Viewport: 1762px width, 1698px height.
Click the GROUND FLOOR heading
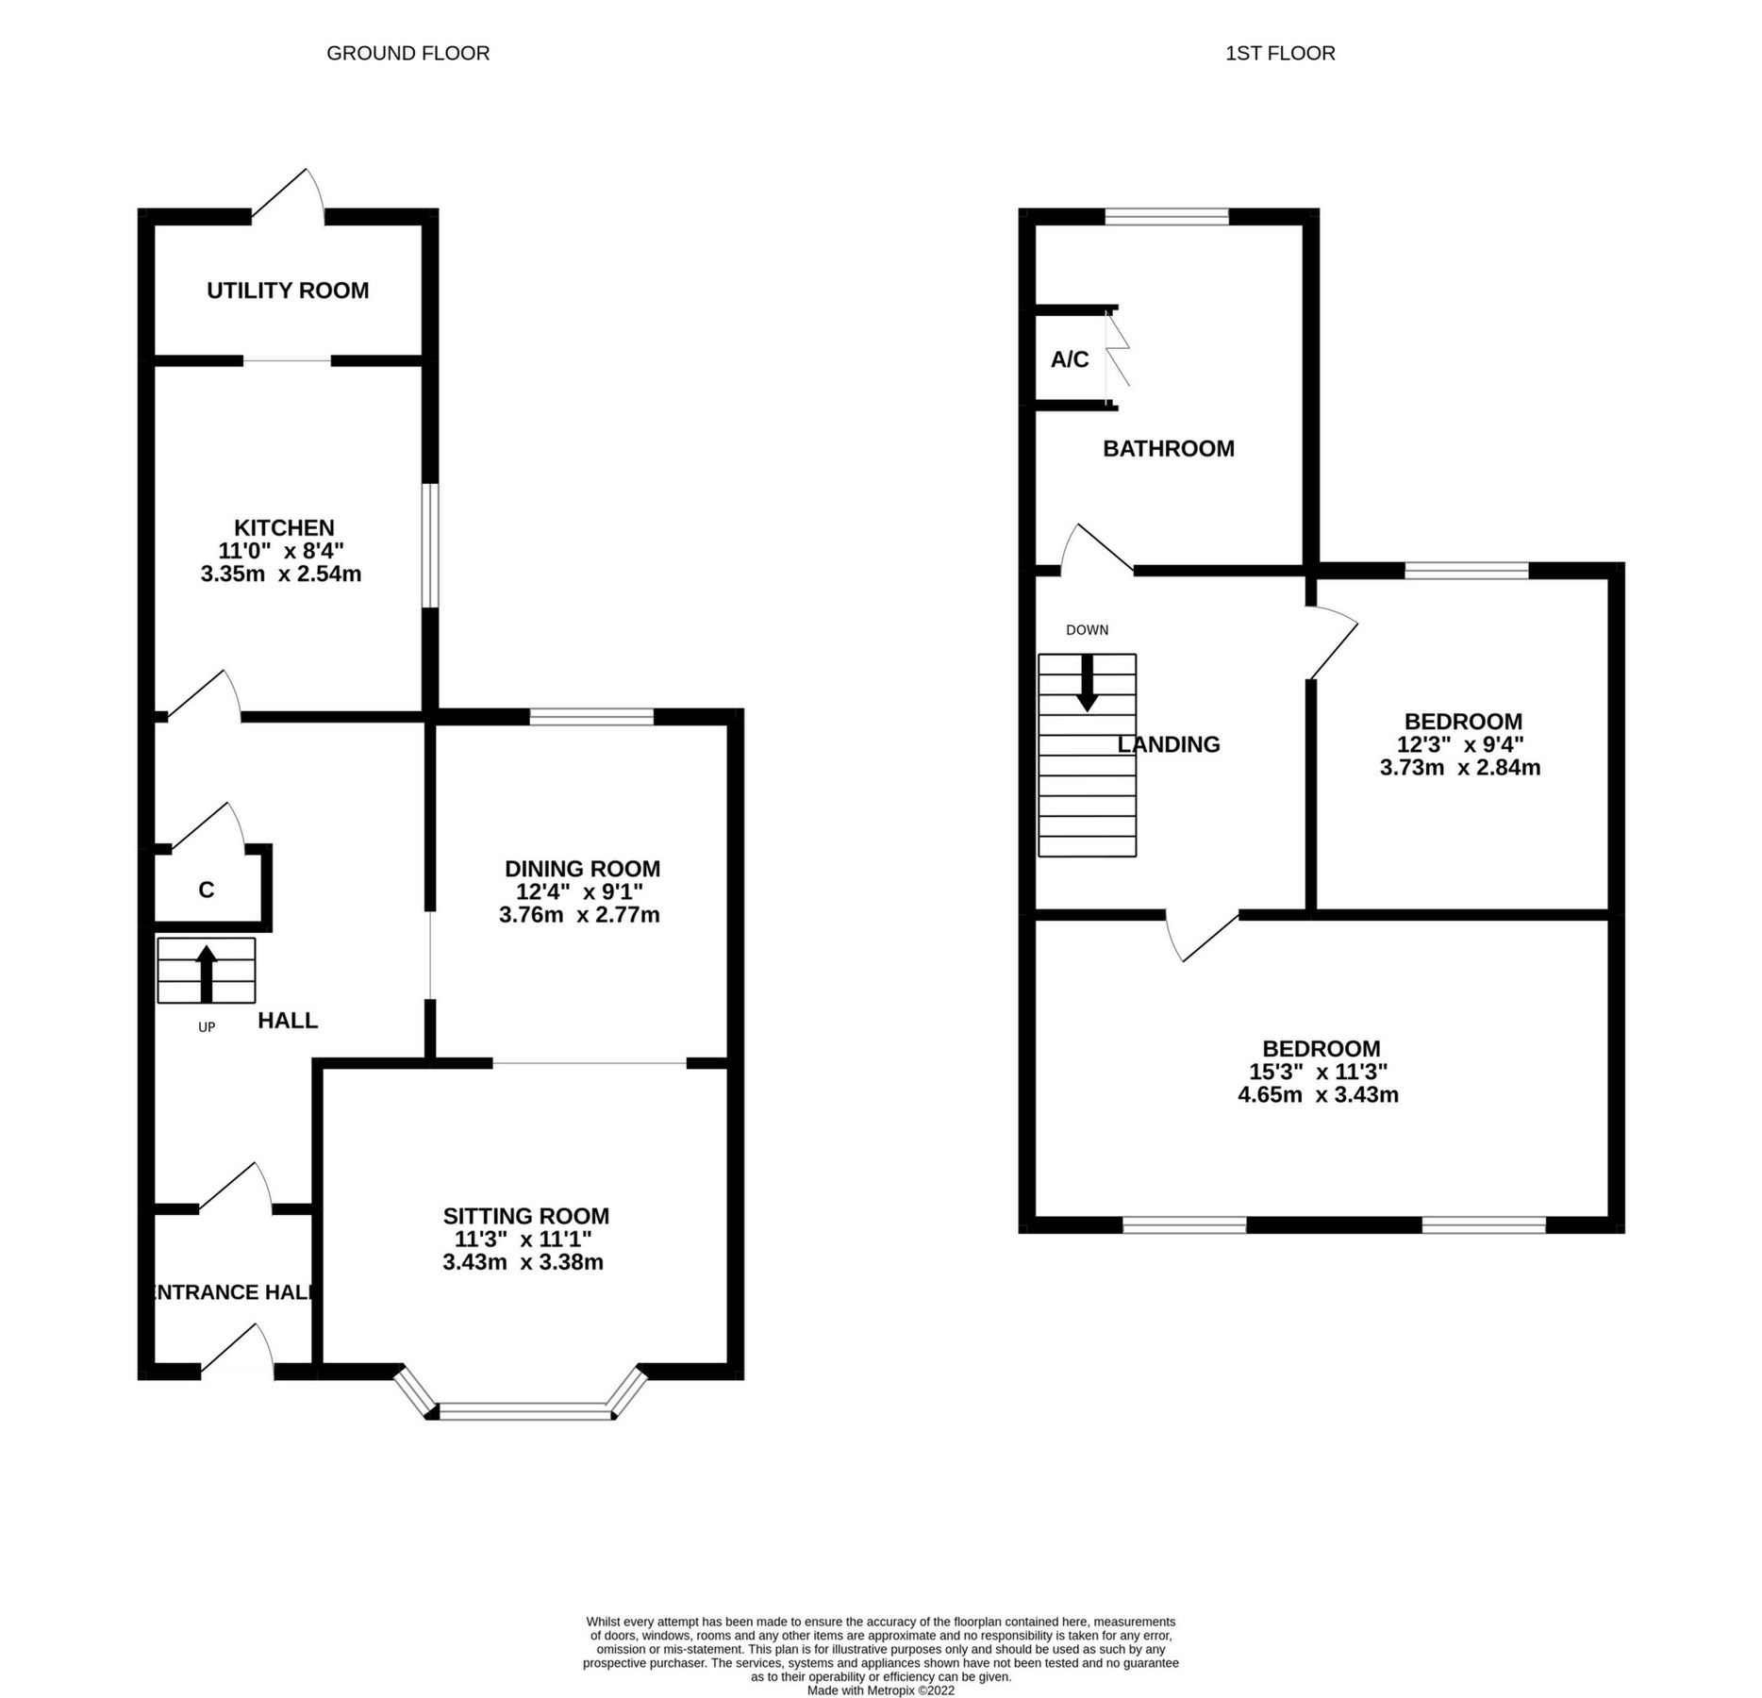407,54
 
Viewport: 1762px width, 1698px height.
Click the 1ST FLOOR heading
1279,54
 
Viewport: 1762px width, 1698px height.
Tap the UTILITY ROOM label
288,291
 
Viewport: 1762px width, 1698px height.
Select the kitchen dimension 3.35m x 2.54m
281,574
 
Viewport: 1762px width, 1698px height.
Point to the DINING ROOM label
582,869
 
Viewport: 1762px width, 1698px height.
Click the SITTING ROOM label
526,1216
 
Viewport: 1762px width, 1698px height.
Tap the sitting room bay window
525,1411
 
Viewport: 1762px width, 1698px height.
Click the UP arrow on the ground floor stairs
206,974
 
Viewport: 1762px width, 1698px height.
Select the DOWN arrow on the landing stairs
1087,682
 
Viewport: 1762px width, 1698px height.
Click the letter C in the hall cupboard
207,890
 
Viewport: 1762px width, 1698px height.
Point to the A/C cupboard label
1070,359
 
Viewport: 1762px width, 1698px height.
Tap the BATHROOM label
1168,449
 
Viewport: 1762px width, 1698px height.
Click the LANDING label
1169,744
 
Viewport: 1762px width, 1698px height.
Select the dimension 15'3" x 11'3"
1318,1072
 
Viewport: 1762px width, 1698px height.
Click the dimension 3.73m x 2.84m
1459,768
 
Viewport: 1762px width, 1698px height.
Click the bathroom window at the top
1167,217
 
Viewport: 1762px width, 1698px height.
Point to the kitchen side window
430,546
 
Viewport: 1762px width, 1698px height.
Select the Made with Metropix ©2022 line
880,1690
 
